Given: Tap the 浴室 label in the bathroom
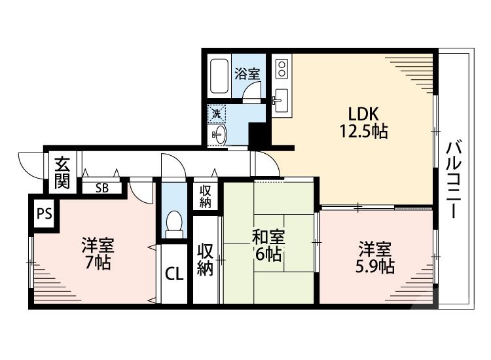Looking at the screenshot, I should tap(247, 74).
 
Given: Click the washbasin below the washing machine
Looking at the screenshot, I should tap(218, 135).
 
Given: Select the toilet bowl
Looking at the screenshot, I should tap(174, 223).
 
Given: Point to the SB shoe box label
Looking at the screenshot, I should tap(101, 189).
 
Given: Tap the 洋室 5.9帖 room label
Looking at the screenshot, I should tap(374, 257).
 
